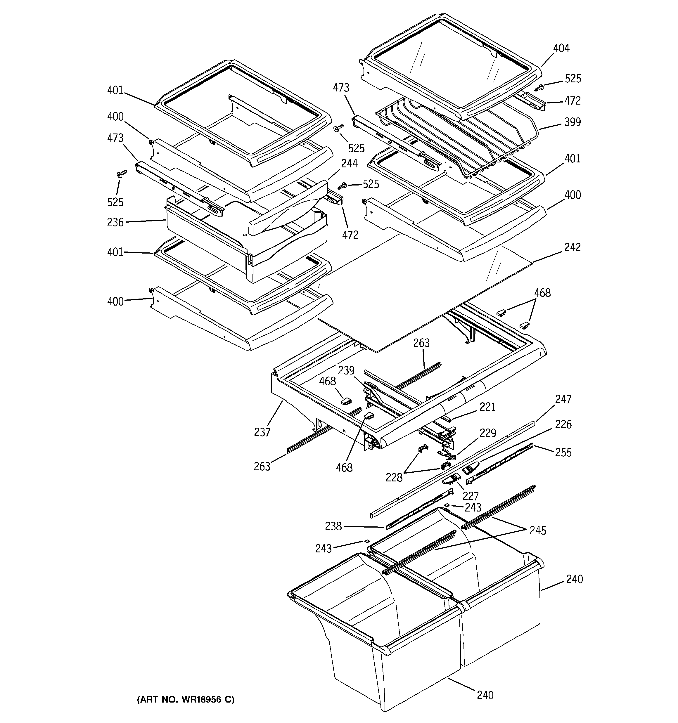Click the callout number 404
(x=561, y=48)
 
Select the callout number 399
(x=573, y=122)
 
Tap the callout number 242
(x=573, y=247)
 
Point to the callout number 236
(x=115, y=222)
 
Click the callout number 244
(x=349, y=164)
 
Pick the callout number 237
(x=262, y=432)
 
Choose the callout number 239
(x=346, y=371)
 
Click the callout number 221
(x=488, y=407)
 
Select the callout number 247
(x=563, y=399)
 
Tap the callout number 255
(x=563, y=452)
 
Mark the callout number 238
(x=333, y=526)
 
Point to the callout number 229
(x=488, y=433)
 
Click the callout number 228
(x=394, y=478)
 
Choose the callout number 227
(x=471, y=496)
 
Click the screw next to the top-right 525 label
(x=539, y=87)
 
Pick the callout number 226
(x=563, y=424)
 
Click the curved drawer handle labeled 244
(x=288, y=209)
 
